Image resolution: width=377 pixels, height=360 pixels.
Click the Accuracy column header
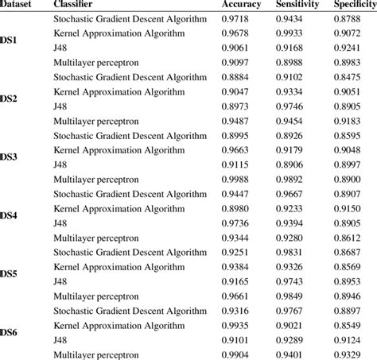point(242,6)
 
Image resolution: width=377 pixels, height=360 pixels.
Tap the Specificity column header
point(355,6)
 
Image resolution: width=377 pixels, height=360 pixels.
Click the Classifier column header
point(74,6)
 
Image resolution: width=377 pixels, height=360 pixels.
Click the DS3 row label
point(10,157)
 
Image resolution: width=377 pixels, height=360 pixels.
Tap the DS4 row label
point(10,215)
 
